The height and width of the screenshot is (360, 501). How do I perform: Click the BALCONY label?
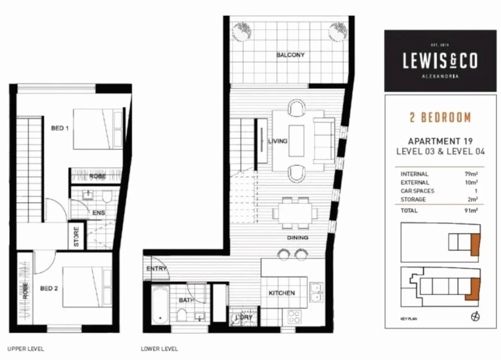[290, 55]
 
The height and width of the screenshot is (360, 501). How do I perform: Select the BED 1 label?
[60, 128]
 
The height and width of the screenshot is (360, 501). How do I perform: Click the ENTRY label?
[156, 269]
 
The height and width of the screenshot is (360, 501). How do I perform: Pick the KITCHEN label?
[282, 293]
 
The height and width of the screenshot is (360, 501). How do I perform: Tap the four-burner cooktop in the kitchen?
[294, 317]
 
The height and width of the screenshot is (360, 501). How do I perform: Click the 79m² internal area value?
[471, 174]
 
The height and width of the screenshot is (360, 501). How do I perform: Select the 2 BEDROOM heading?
[440, 117]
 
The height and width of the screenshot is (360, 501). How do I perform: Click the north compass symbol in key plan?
[475, 317]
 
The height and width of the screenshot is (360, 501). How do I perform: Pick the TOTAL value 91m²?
[471, 211]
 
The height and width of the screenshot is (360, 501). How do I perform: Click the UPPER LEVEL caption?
[26, 349]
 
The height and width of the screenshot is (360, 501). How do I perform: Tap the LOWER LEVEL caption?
[159, 349]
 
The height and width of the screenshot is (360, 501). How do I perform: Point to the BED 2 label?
[49, 288]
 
